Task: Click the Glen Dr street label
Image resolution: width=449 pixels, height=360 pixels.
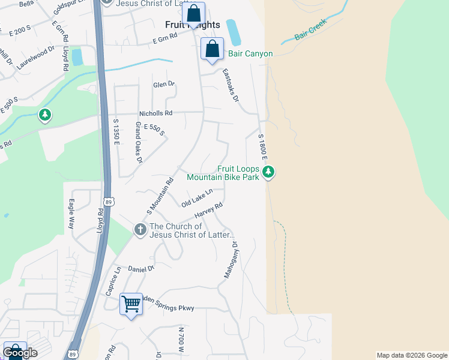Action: (163, 85)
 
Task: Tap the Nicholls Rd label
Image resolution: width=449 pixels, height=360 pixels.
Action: (155, 113)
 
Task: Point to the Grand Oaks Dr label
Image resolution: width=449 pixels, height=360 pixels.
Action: (139, 142)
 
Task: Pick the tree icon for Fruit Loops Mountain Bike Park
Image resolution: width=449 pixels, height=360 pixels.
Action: (269, 173)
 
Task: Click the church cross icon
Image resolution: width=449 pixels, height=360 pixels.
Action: (140, 230)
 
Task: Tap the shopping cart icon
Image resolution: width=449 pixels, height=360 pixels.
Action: (131, 304)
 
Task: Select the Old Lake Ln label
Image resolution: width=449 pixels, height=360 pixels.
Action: (197, 198)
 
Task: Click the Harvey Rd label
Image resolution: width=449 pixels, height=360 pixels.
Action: (208, 211)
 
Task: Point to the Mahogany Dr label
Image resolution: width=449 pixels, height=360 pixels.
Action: (231, 260)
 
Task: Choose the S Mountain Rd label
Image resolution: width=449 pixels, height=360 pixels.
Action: (160, 196)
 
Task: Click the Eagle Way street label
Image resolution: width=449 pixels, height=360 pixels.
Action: (71, 214)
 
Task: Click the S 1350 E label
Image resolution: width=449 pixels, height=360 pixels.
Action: (116, 132)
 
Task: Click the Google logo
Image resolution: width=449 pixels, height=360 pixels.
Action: (20, 353)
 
